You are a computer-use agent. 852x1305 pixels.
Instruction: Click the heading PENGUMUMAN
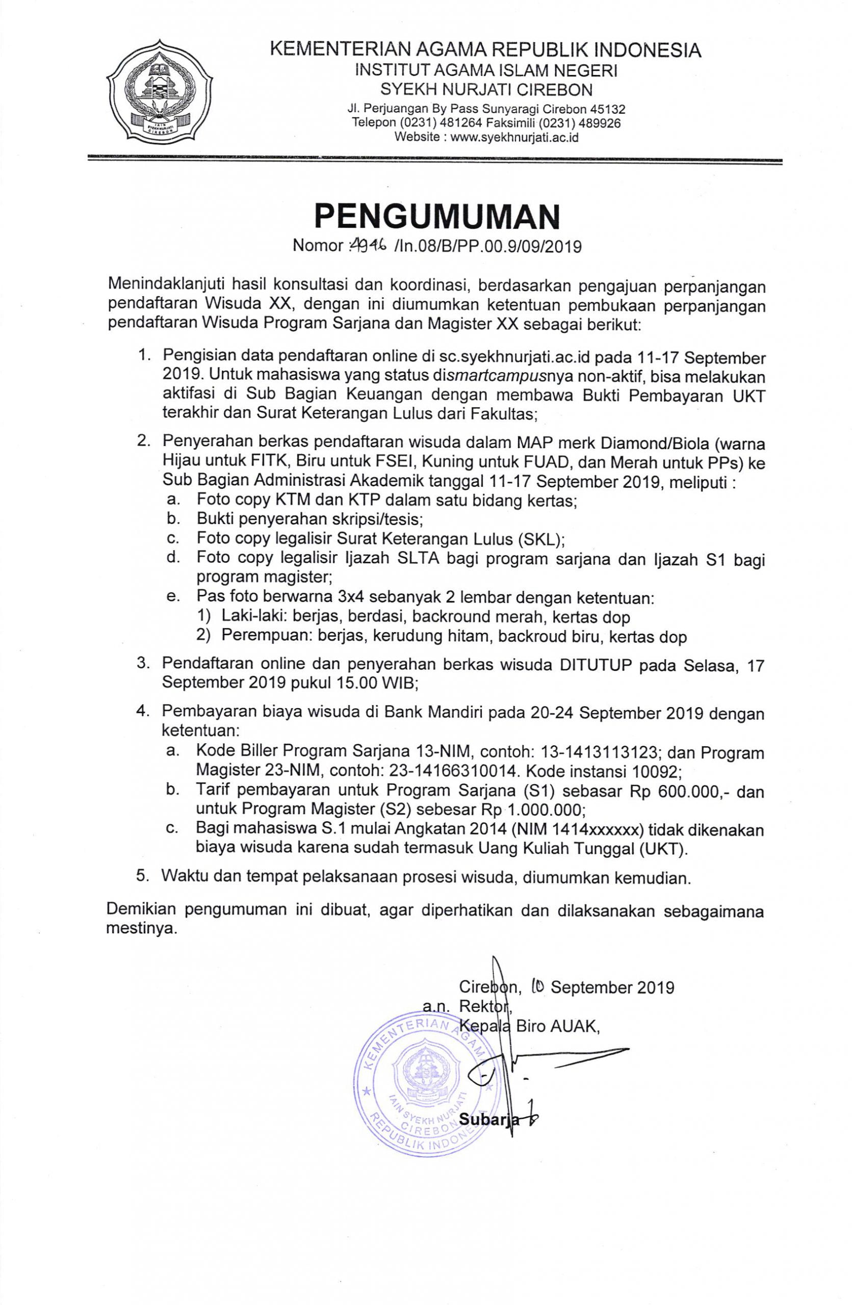click(x=437, y=217)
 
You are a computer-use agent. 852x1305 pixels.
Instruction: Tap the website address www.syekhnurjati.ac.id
click(x=514, y=138)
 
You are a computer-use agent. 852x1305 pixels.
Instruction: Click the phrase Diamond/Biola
click(x=595, y=442)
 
